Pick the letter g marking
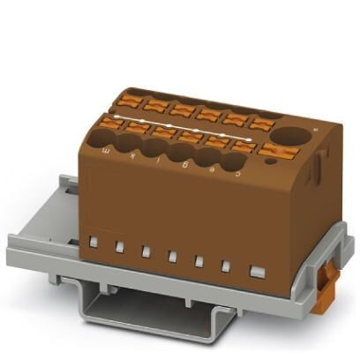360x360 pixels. coord(180,161)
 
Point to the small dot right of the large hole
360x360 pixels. coord(313,132)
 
